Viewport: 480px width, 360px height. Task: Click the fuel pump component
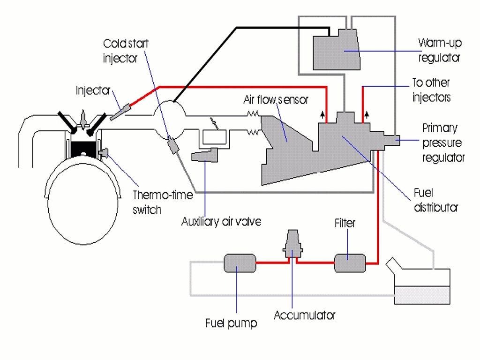(x=240, y=263)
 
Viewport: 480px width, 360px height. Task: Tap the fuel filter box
(x=350, y=263)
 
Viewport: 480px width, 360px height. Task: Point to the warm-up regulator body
(x=336, y=51)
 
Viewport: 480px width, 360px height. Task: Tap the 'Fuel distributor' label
(x=435, y=200)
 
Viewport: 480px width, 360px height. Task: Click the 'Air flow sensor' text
(x=276, y=100)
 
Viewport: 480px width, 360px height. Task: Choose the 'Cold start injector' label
(x=126, y=51)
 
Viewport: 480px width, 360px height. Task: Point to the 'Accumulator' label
(x=304, y=315)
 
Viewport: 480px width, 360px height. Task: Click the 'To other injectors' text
(x=431, y=90)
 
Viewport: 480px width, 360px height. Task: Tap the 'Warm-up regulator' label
(x=439, y=50)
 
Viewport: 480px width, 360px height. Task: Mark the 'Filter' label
(x=345, y=223)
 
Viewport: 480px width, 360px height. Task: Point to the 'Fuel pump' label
(x=231, y=323)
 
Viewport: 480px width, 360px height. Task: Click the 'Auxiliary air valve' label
(x=221, y=222)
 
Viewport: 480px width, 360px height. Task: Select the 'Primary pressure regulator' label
(x=443, y=142)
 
